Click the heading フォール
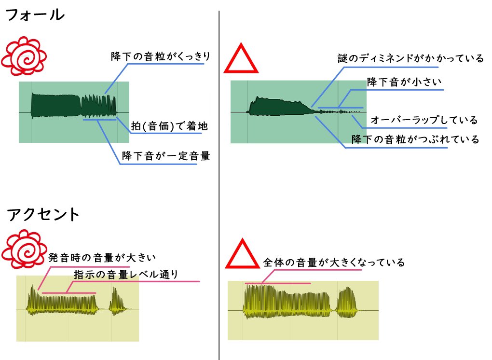pos(34,15)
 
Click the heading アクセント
pos(43,214)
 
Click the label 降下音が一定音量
pos(166,156)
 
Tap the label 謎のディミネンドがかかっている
pos(410,59)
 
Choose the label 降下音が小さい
pos(404,82)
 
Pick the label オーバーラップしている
pos(424,120)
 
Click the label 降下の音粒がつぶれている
pos(415,139)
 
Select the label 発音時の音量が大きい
pos(103,257)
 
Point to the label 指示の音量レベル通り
pos(126,274)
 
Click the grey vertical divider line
pos(219,183)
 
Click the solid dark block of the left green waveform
pos(55,105)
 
